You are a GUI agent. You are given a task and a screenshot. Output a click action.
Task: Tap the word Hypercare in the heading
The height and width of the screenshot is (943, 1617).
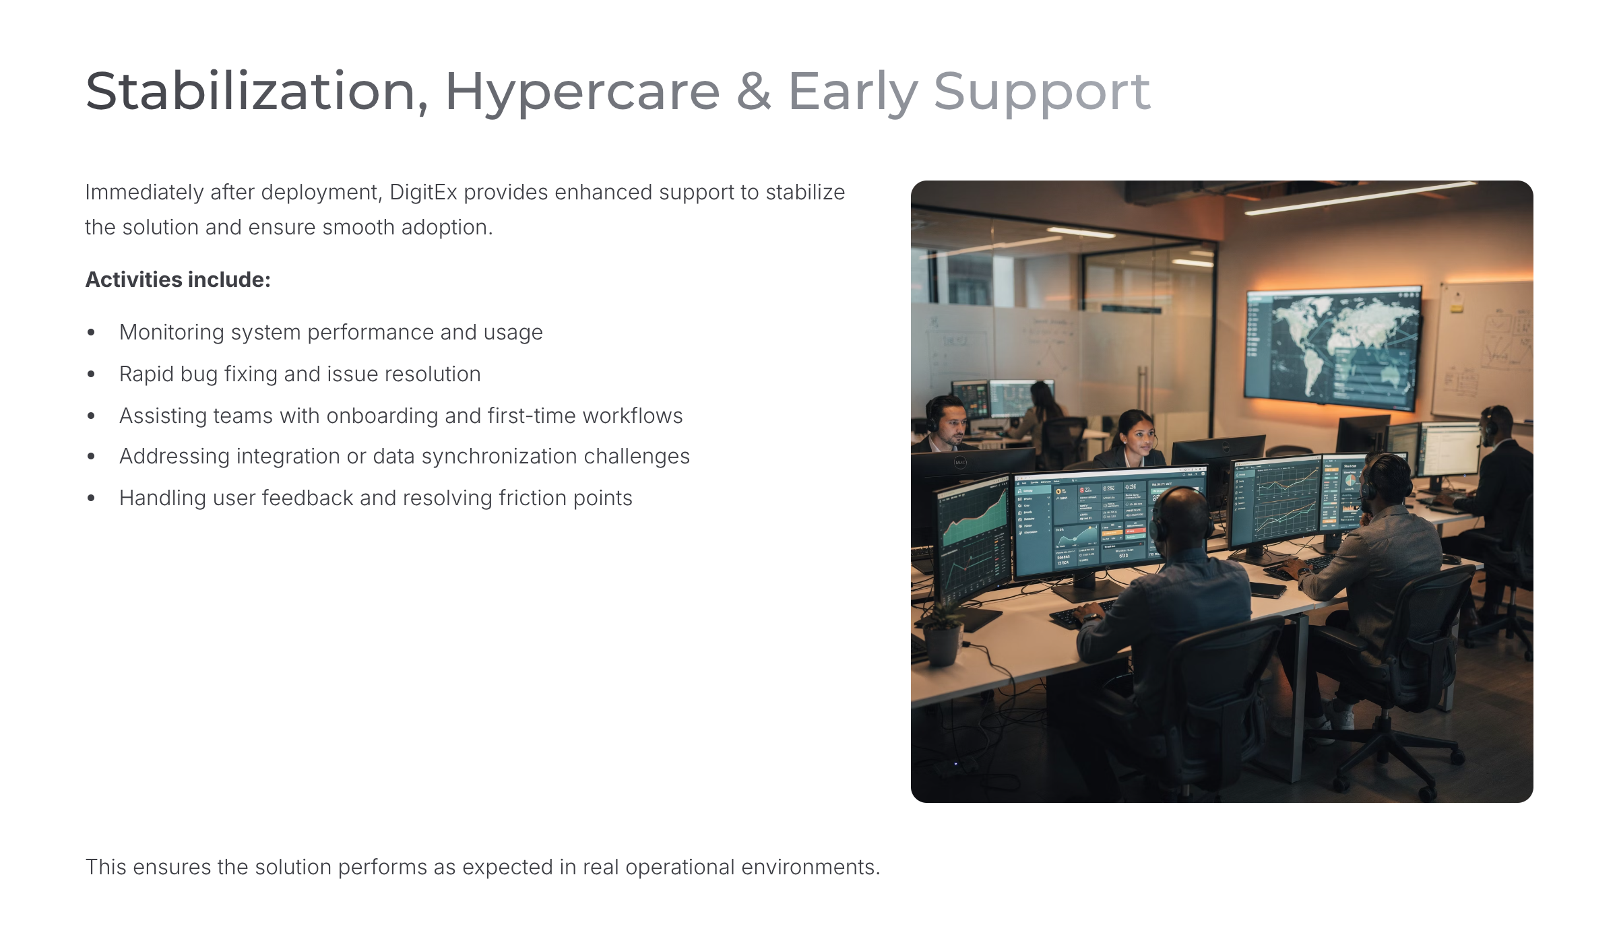point(583,94)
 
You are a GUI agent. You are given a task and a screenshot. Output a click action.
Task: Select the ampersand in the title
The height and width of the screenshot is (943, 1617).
point(754,92)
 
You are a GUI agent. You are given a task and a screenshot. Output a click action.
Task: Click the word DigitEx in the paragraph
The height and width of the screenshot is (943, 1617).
point(423,193)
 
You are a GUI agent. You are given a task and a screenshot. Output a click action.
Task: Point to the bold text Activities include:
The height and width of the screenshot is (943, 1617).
point(178,280)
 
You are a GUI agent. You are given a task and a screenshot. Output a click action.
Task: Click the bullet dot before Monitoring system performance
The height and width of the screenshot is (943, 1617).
point(91,333)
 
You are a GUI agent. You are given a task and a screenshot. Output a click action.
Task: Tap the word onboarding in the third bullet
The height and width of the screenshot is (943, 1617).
point(383,416)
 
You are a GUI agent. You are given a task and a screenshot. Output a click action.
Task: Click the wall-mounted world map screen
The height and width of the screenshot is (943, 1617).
point(1333,348)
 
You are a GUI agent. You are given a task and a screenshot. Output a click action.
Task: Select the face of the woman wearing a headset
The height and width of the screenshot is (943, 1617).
point(1138,436)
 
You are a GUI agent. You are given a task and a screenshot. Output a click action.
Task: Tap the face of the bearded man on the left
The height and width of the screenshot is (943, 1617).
point(951,426)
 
